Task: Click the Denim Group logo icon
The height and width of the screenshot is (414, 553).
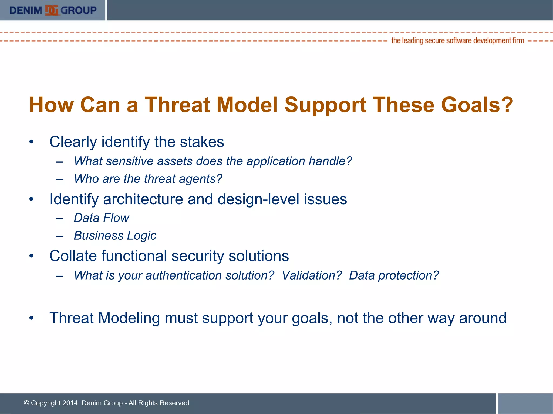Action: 52,11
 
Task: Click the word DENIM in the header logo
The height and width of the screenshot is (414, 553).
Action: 26,11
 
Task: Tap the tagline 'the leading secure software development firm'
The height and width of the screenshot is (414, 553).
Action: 457,41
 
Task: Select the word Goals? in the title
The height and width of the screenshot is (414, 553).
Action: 477,105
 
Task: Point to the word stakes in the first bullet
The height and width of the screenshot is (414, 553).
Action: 202,142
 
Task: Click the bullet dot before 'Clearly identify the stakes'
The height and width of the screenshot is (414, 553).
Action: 32,142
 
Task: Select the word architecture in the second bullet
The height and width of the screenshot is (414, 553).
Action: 143,199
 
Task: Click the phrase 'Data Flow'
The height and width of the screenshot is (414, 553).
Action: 102,218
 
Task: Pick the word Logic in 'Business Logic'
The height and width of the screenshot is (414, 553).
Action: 141,236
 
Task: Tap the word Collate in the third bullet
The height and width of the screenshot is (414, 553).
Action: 73,256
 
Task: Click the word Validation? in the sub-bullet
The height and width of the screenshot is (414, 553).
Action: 312,275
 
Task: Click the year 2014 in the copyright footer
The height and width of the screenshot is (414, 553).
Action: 70,403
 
